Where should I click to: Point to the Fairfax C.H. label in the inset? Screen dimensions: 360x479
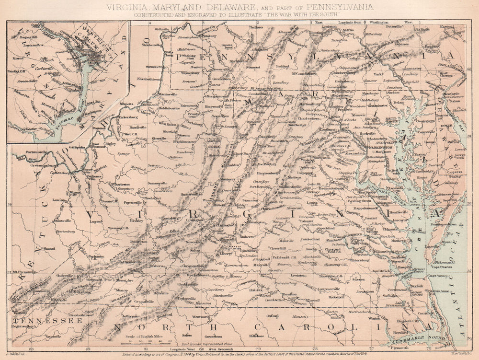tap(17, 71)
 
